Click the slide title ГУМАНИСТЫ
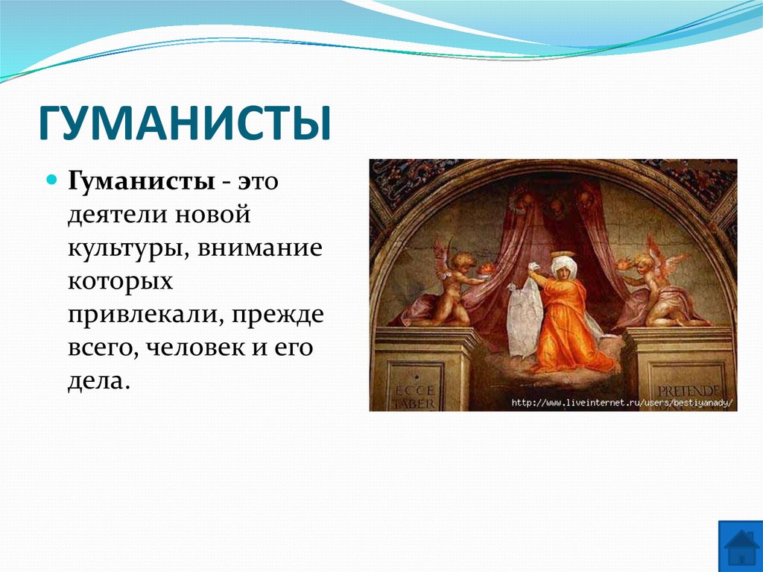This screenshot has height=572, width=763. [x=184, y=124]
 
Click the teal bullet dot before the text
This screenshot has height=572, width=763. [x=53, y=180]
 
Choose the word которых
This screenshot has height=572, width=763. [x=121, y=283]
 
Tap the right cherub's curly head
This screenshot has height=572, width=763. [x=645, y=263]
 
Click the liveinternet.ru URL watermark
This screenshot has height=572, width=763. [x=622, y=403]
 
